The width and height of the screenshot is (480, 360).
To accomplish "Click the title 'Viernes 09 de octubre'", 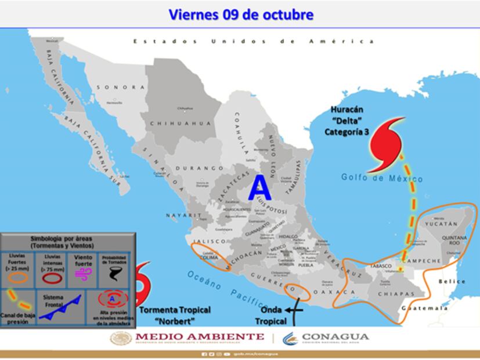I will (240, 14).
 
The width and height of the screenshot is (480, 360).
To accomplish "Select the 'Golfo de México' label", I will (373, 178).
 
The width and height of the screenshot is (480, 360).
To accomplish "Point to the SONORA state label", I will (121, 87).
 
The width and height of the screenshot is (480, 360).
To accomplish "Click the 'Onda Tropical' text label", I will (272, 315).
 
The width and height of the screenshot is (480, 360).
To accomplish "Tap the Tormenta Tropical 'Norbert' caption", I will (175, 315).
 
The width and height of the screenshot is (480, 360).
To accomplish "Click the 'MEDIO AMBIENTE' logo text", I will (200, 337).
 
